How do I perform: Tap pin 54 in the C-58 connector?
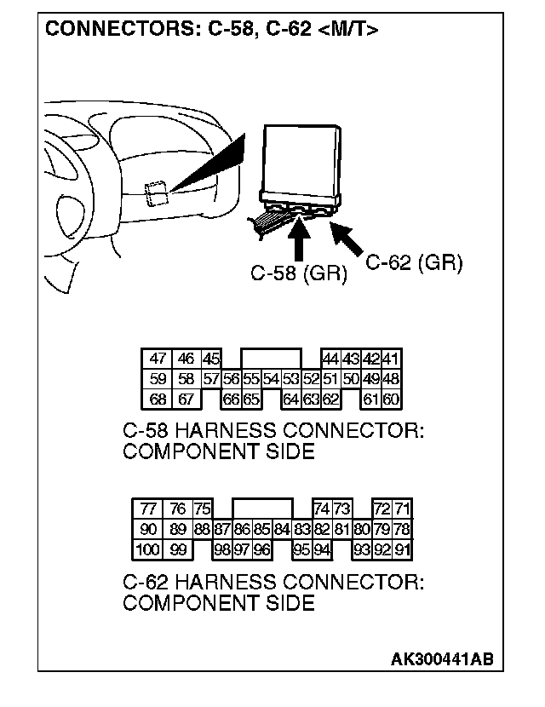point(271,379)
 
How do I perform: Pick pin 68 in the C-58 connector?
point(157,399)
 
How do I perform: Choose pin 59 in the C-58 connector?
point(157,379)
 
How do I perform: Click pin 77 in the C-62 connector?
point(148,509)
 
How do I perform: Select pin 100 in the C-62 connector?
point(147,549)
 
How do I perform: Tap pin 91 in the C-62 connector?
point(403,549)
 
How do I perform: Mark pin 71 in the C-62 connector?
point(403,509)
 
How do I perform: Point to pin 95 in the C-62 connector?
point(301,549)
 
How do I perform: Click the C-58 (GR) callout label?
point(298,275)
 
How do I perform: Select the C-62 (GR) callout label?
point(414,263)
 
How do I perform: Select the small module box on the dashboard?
point(155,193)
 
